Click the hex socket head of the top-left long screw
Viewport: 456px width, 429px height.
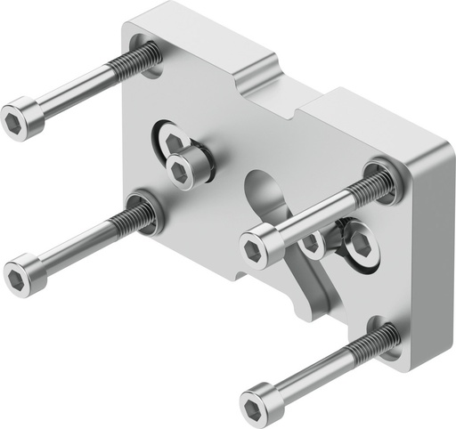click(17, 123)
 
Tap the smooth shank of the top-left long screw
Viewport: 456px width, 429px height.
click(76, 93)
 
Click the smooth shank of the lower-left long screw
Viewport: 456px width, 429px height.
click(76, 246)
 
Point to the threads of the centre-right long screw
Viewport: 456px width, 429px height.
click(369, 188)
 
